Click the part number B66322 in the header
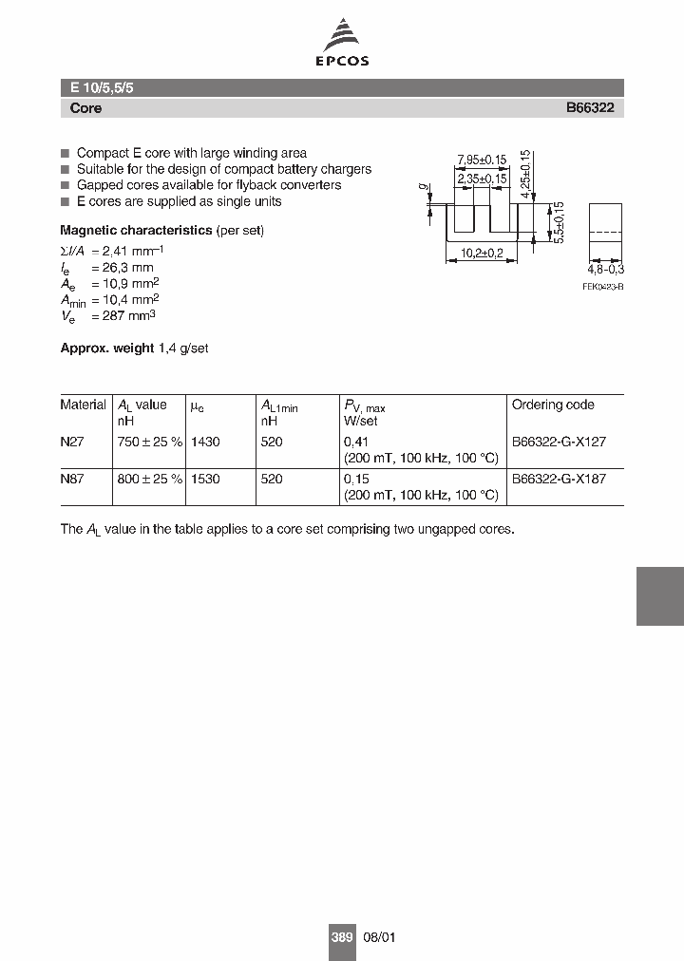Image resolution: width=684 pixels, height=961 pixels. pyautogui.click(x=590, y=108)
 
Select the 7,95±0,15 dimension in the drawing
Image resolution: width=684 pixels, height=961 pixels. pyautogui.click(x=481, y=159)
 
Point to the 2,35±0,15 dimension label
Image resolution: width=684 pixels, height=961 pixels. pyautogui.click(x=482, y=179)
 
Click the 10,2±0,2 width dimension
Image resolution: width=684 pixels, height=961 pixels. pyautogui.click(x=484, y=254)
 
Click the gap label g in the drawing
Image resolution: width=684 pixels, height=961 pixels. pyautogui.click(x=420, y=188)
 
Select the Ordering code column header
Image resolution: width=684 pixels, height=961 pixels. pyautogui.click(x=553, y=405)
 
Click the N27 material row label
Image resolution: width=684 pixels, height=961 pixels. pyautogui.click(x=71, y=442)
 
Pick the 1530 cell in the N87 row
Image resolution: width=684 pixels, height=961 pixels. pyautogui.click(x=204, y=480)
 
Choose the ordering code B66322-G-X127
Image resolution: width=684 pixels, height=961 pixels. pyautogui.click(x=559, y=442)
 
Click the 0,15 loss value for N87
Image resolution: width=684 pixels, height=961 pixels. pyautogui.click(x=356, y=480)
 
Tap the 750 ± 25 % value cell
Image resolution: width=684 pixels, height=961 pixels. pyautogui.click(x=149, y=442)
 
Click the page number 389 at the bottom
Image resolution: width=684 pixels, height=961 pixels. pyautogui.click(x=342, y=937)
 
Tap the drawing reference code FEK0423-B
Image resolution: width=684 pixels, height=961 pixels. pyautogui.click(x=603, y=286)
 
